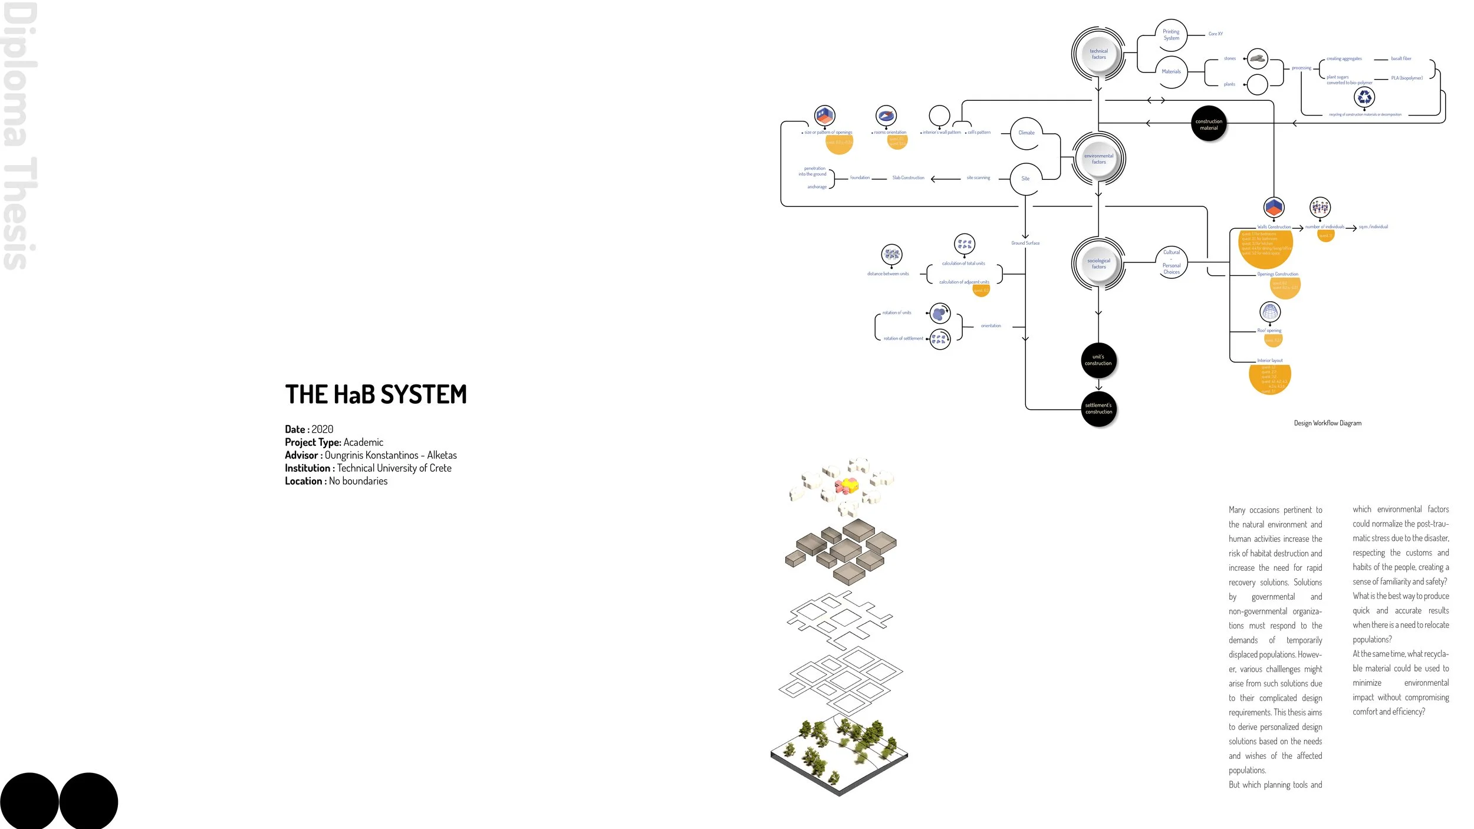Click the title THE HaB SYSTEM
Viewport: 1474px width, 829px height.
pyautogui.click(x=376, y=394)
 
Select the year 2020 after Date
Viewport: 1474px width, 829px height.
pyautogui.click(x=322, y=429)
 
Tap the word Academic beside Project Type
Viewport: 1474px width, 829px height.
pyautogui.click(x=363, y=442)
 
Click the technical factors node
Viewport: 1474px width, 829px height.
pyautogui.click(x=1098, y=54)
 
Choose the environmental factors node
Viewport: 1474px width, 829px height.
pyautogui.click(x=1098, y=159)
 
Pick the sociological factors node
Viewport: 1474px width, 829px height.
pyautogui.click(x=1098, y=264)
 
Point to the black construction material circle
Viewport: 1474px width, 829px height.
pyautogui.click(x=1209, y=124)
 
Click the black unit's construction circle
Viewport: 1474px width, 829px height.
pyautogui.click(x=1098, y=360)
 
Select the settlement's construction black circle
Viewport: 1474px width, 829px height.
pyautogui.click(x=1098, y=409)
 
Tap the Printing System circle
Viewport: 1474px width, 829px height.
pyautogui.click(x=1171, y=35)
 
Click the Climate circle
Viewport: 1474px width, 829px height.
pyautogui.click(x=1026, y=133)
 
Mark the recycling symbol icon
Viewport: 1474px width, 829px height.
pyautogui.click(x=1364, y=97)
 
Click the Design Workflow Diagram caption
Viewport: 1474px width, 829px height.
pyautogui.click(x=1327, y=423)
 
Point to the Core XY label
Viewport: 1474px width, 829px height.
pyautogui.click(x=1215, y=34)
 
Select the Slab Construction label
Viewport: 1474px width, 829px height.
pyautogui.click(x=908, y=178)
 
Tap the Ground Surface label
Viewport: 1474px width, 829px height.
pyautogui.click(x=1025, y=243)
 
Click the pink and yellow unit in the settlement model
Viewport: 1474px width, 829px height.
pyautogui.click(x=847, y=486)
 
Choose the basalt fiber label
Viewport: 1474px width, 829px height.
pyautogui.click(x=1401, y=59)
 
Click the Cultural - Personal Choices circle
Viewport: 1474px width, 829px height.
pyautogui.click(x=1171, y=262)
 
